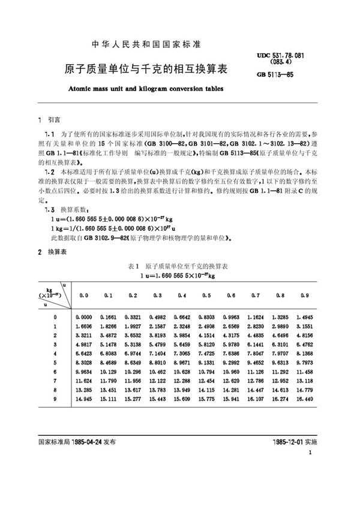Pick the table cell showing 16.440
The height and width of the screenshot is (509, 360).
click(305, 399)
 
